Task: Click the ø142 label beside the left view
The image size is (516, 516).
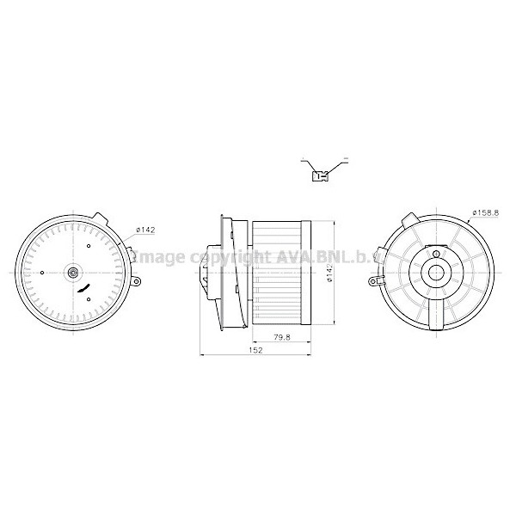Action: pos(145,229)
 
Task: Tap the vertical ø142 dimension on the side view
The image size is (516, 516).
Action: pos(329,273)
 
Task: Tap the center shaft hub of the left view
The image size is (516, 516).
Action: pos(73,275)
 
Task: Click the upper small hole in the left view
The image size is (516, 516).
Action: pos(89,247)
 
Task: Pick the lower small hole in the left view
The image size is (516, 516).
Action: pos(89,305)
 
